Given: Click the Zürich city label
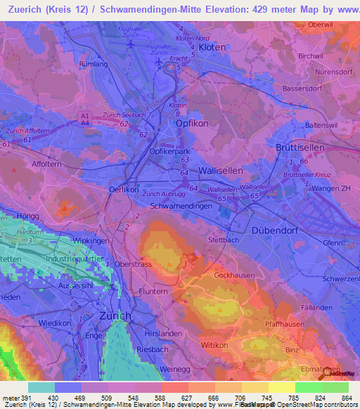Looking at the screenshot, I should [x=116, y=316].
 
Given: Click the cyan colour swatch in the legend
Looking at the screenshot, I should [x=41, y=387].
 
